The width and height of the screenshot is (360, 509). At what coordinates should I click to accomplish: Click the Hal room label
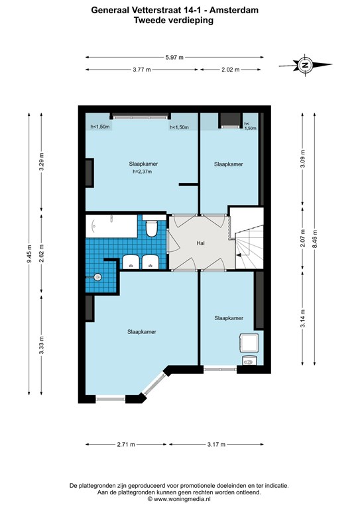pyautogui.click(x=201, y=243)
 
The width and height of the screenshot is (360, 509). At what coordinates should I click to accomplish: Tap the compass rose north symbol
pyautogui.click(x=305, y=65)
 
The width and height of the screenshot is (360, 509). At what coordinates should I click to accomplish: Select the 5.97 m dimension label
pyautogui.click(x=174, y=58)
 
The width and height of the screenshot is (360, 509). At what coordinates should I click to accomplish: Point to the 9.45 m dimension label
pyautogui.click(x=29, y=253)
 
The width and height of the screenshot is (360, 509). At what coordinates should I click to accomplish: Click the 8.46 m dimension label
pyautogui.click(x=314, y=239)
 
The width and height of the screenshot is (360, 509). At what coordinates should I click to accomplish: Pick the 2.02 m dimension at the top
pyautogui.click(x=231, y=70)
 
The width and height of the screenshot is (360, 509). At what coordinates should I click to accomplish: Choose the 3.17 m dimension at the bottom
pyautogui.click(x=216, y=445)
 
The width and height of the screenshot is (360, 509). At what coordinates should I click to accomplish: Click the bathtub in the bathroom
pyautogui.click(x=111, y=226)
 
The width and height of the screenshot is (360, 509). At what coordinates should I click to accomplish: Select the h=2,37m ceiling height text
pyautogui.click(x=142, y=172)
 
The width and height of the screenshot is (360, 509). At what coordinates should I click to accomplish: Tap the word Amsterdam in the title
pyautogui.click(x=234, y=10)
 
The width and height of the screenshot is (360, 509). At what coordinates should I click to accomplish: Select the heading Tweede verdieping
pyautogui.click(x=174, y=20)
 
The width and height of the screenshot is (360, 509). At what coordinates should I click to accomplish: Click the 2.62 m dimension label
pyautogui.click(x=41, y=254)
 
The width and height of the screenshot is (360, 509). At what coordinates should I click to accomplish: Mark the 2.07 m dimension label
pyautogui.click(x=302, y=238)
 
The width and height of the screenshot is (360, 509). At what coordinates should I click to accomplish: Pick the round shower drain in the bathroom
pyautogui.click(x=97, y=277)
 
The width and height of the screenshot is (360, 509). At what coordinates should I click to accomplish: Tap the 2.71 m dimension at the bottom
pyautogui.click(x=126, y=445)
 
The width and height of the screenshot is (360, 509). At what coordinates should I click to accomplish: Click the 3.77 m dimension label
pyautogui.click(x=142, y=70)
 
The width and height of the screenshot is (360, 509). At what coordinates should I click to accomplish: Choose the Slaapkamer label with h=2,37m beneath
pyautogui.click(x=143, y=164)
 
